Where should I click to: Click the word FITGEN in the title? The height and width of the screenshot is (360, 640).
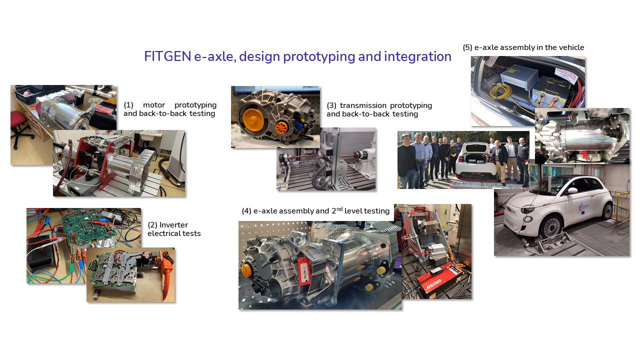pos(167,56)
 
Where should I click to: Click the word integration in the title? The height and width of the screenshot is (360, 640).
pos(417,57)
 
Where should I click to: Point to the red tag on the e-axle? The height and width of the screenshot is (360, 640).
pos(304,270)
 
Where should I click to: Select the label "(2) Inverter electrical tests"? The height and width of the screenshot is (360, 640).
pos(174,229)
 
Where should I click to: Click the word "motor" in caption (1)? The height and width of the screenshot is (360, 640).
pos(154,105)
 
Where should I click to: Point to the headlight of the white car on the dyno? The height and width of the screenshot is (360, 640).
pos(527,210)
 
